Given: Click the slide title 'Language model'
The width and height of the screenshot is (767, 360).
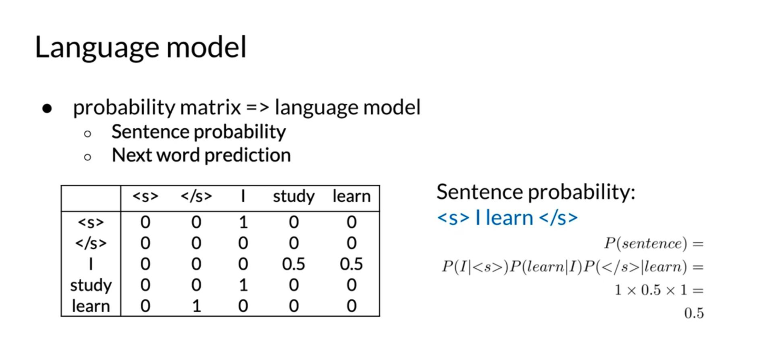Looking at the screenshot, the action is pos(141,47).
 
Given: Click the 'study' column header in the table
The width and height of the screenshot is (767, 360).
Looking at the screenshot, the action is pos(293,197).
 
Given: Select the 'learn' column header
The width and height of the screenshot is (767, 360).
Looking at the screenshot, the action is pos(351,196).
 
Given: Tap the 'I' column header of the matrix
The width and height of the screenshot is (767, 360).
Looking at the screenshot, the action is pos(243,196).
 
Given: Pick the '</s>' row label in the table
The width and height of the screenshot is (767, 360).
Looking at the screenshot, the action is pos(91,243).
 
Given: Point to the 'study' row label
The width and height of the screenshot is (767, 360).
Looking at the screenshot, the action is pos(91,285).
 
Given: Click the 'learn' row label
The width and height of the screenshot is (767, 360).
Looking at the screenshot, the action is pos(91,306).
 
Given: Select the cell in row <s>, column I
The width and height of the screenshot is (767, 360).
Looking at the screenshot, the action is pos(243,222).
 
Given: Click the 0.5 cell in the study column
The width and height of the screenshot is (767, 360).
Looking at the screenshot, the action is pos(293,264).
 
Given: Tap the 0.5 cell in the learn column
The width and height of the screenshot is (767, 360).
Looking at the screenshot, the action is pos(351,264).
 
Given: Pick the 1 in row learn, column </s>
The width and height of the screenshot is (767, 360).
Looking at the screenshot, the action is pos(196,306).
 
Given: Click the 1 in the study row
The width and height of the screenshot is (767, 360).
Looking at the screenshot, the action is pos(243,285).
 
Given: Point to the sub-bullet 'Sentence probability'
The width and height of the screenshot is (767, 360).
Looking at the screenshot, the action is pos(199,132).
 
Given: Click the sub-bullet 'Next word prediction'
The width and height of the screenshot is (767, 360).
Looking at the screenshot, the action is pos(201,155).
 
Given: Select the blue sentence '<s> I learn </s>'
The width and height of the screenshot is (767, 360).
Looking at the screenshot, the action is pos(507,218).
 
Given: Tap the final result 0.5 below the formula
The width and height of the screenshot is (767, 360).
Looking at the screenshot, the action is pos(694,313).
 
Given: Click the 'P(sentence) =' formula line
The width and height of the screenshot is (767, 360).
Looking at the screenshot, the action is pos(654,244).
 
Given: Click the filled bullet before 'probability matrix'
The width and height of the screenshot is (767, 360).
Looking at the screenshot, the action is pos(47,109).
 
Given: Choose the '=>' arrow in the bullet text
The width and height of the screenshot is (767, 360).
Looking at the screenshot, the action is pos(258,108).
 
